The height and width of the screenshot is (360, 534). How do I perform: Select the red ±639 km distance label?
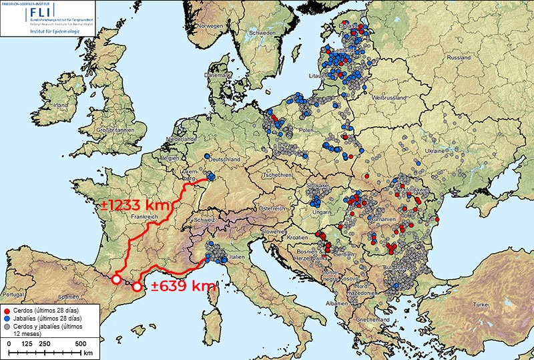click(x=181, y=286)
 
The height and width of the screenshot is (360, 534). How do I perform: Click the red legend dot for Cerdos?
click(x=7, y=311)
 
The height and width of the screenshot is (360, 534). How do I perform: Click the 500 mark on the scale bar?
click(x=80, y=343)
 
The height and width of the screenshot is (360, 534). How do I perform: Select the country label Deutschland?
click(x=224, y=160)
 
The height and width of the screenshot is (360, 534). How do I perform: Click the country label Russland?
click(x=459, y=58)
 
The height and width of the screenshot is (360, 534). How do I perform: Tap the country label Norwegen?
click(x=208, y=26)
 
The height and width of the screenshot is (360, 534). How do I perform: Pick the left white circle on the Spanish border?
click(x=116, y=280)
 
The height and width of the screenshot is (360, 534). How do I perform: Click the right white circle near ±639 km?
click(x=137, y=287)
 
